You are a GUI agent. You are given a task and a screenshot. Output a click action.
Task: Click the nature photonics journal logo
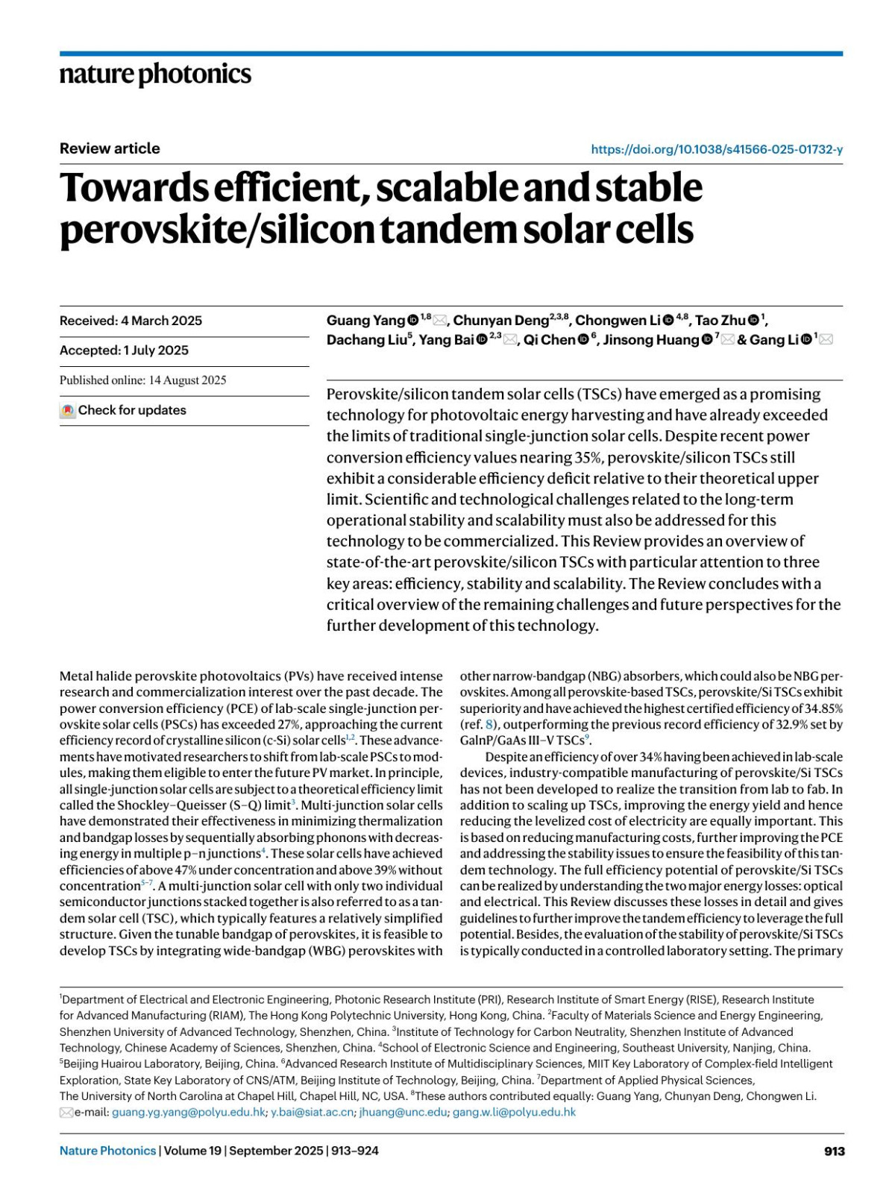pyautogui.click(x=155, y=75)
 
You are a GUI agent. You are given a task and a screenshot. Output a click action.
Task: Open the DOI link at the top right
pyautogui.click(x=716, y=149)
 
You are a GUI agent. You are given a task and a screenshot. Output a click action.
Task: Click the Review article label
pyautogui.click(x=110, y=148)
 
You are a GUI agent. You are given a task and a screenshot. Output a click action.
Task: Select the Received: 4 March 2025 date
pyautogui.click(x=131, y=321)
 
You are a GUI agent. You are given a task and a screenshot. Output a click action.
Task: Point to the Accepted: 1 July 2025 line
pyautogui.click(x=124, y=351)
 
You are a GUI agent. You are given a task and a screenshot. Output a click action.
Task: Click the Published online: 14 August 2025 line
pyautogui.click(x=142, y=380)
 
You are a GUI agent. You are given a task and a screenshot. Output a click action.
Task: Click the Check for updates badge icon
pyautogui.click(x=68, y=411)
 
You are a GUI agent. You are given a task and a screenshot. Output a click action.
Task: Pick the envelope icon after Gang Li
pyautogui.click(x=826, y=340)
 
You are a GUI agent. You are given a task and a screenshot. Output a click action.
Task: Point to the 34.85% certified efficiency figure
pyautogui.click(x=820, y=708)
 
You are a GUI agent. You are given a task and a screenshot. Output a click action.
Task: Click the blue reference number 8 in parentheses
pyautogui.click(x=489, y=724)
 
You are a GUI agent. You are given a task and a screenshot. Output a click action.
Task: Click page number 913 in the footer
pyautogui.click(x=834, y=1151)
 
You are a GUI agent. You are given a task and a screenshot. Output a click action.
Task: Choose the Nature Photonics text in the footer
pyautogui.click(x=107, y=1151)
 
